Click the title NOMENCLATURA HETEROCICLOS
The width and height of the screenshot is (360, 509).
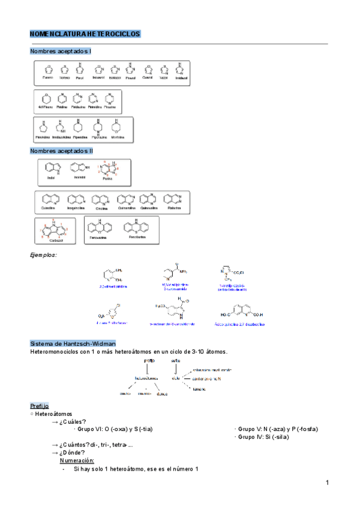85,34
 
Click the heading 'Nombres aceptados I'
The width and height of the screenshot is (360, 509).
61,52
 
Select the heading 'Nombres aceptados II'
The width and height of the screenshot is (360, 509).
61,151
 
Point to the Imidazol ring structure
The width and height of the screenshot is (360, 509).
180,68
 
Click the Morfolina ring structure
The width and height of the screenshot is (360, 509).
117,127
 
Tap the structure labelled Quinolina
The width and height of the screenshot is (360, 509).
48,200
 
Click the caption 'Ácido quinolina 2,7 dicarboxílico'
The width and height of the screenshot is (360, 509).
248,324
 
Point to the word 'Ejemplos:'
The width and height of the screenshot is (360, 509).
43,256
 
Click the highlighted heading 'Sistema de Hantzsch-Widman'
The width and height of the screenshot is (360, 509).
68,343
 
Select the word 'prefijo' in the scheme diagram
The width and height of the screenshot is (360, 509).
149,360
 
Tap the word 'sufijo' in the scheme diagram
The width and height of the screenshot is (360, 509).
176,360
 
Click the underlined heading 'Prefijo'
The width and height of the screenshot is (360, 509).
40,406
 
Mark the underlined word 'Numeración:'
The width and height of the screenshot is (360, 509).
77,460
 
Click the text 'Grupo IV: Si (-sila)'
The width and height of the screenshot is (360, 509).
263,437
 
